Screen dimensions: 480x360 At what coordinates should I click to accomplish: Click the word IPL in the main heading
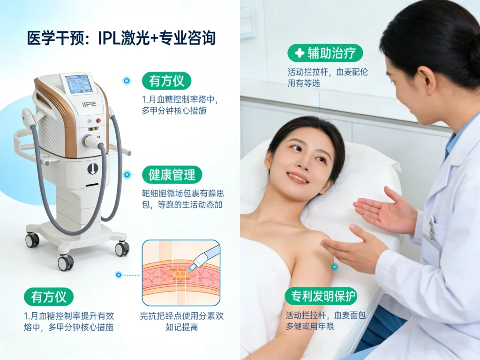[109, 38]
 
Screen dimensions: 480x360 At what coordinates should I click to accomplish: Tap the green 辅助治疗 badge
[325, 53]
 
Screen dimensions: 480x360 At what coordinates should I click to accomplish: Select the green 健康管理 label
[172, 175]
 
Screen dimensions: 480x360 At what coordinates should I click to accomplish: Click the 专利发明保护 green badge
[321, 296]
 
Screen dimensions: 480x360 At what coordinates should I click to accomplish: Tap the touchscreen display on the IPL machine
[79, 83]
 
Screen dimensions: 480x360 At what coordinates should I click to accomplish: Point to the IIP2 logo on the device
[89, 104]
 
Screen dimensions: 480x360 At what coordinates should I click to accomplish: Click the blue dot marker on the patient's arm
[334, 267]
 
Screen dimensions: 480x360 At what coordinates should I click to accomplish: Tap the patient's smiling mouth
[297, 178]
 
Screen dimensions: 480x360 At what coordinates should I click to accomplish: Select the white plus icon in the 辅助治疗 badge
[300, 53]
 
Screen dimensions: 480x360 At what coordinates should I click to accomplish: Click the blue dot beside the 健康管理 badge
[127, 175]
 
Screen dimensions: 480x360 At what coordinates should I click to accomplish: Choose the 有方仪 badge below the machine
[49, 297]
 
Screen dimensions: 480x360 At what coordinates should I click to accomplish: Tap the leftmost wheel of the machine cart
[32, 240]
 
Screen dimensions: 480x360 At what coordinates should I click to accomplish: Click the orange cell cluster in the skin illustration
[180, 274]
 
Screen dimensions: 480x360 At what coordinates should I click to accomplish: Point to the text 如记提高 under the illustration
[181, 327]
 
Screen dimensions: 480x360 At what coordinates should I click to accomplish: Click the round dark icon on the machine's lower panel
[93, 168]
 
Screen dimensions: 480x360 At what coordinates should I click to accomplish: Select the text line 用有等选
[304, 83]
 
